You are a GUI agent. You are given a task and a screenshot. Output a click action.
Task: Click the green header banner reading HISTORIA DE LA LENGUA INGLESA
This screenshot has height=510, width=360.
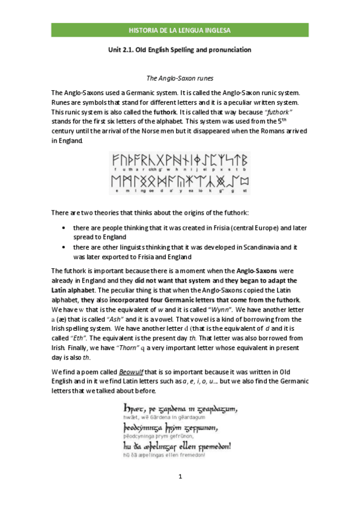pos(180,29)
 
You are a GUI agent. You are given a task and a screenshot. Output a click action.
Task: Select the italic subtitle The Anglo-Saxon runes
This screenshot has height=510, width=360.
pos(180,78)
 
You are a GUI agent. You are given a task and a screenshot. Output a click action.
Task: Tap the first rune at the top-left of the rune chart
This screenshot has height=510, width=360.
pos(115,160)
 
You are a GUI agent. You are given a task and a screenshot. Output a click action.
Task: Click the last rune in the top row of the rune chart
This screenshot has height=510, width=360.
pos(244,160)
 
